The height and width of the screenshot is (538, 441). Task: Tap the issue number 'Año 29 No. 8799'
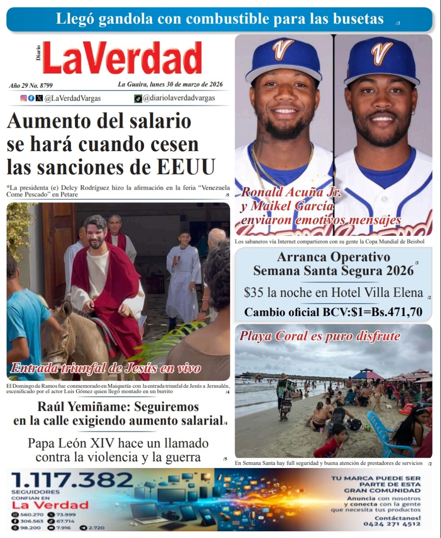[31, 85]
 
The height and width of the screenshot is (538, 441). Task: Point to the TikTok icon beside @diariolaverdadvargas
[138, 99]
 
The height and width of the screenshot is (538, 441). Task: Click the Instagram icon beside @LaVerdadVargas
[23, 98]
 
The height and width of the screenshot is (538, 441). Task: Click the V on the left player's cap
[283, 49]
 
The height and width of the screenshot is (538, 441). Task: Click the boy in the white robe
[183, 273]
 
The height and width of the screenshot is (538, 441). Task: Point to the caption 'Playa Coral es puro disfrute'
[319, 336]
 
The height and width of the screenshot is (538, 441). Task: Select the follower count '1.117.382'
[72, 480]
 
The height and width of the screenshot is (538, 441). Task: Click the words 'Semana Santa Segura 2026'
[333, 271]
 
